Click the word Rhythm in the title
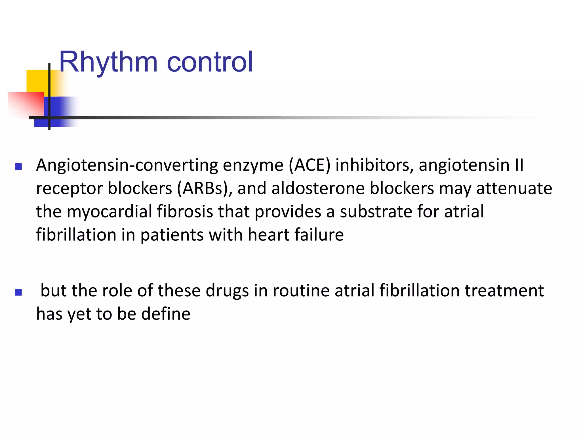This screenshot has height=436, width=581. click(x=108, y=62)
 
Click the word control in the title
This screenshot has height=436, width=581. click(x=210, y=62)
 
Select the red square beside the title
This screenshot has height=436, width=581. click(x=26, y=104)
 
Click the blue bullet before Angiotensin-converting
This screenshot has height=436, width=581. click(x=18, y=166)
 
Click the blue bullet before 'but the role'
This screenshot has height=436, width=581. click(x=18, y=292)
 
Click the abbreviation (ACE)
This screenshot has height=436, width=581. click(x=310, y=165)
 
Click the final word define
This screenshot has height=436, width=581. click(x=166, y=314)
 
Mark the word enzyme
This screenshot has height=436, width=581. click(x=253, y=166)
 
